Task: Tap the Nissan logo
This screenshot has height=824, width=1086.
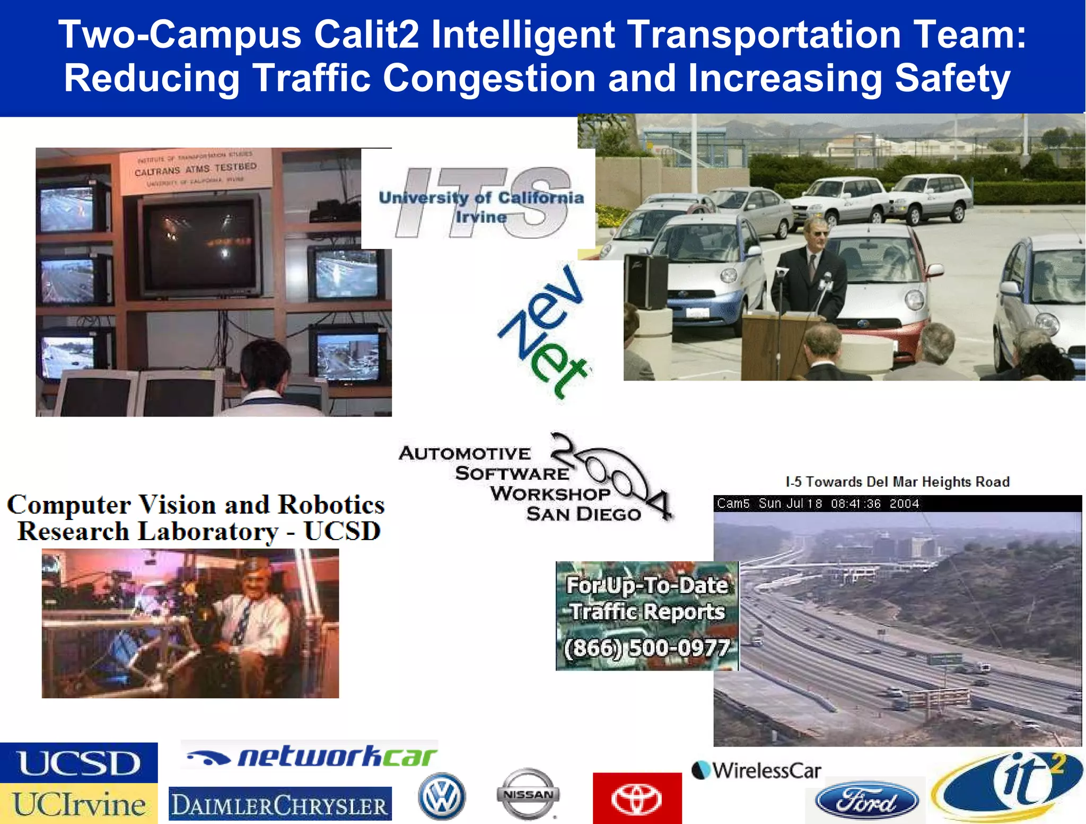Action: point(528,794)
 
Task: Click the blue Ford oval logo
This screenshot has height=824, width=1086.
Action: point(866,802)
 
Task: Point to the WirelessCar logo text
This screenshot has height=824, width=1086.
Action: point(757,770)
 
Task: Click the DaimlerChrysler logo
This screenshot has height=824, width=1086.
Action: point(280,805)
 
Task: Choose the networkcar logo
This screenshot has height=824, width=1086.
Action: point(312,757)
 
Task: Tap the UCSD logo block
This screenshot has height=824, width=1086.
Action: point(78,763)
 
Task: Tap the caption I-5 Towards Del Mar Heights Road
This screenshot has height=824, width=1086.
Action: point(897,482)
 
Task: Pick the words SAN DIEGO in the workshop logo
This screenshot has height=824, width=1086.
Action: point(584,514)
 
